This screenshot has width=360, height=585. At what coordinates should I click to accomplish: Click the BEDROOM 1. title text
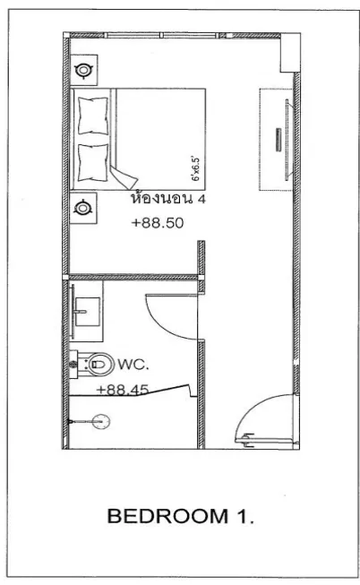coord(181,516)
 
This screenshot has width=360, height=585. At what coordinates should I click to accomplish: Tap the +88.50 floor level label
coord(158,223)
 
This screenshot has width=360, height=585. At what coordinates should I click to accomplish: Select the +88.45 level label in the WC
coord(123,390)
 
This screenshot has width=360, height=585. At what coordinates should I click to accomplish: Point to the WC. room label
coord(133,364)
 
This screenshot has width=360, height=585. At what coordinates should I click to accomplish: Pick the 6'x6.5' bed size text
coord(196,169)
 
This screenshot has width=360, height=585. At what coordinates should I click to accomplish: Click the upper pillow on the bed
coord(93,116)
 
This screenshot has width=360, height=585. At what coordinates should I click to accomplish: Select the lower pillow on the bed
coord(93,163)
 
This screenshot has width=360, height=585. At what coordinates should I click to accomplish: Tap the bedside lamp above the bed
coord(83,70)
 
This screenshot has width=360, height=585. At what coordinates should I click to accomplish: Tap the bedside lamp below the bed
coord(82,208)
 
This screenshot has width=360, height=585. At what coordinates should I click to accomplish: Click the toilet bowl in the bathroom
coord(100,364)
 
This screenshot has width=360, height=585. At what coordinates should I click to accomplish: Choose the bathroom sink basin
coord(87,312)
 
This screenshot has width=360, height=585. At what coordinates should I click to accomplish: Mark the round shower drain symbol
coord(101,422)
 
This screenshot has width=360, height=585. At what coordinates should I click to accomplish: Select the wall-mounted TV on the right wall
coord(287,140)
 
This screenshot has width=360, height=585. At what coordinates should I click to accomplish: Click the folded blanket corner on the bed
coord(124,176)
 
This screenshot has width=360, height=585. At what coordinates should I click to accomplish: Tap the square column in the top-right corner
coord(290,52)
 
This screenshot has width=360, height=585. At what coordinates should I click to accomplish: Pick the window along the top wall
coord(161,36)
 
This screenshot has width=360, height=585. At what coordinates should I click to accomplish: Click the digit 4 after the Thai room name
coord(201,199)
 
